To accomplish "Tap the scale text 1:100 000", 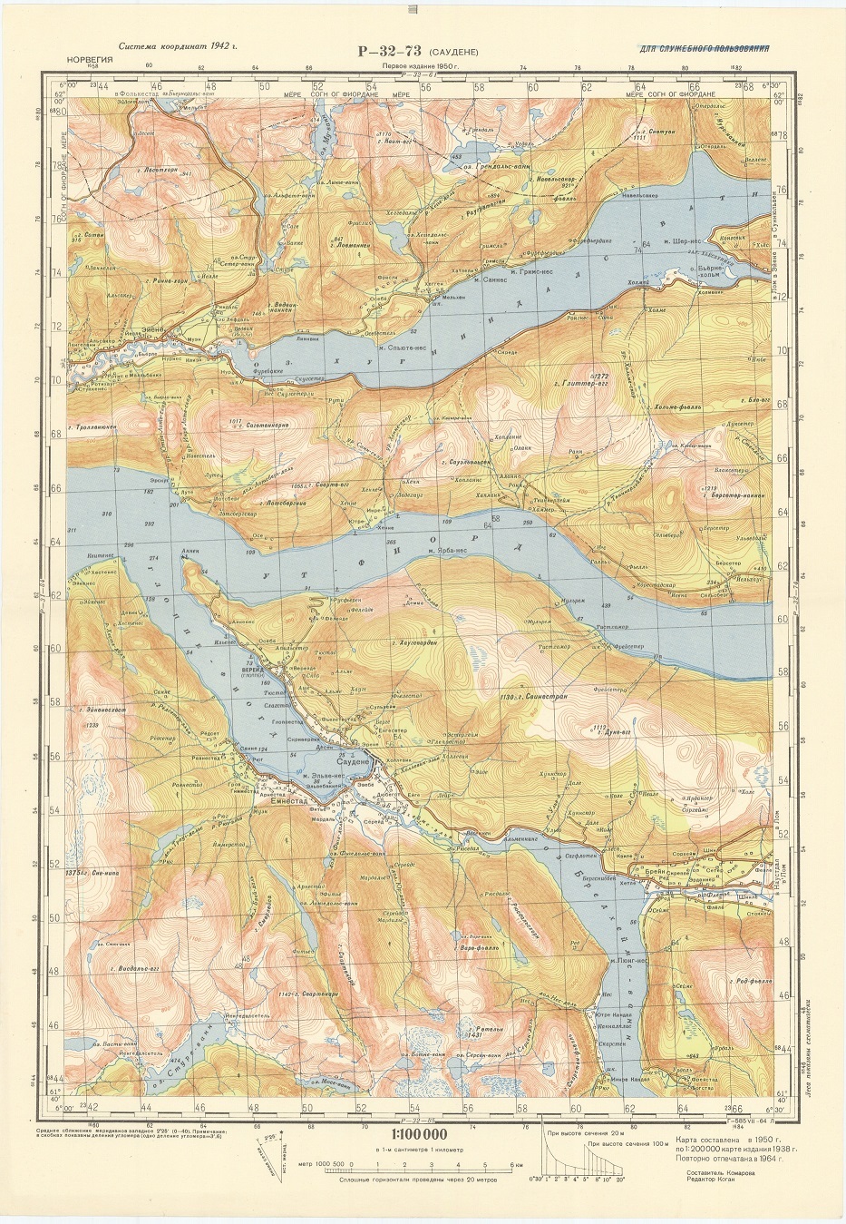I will (x=418, y=1134).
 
